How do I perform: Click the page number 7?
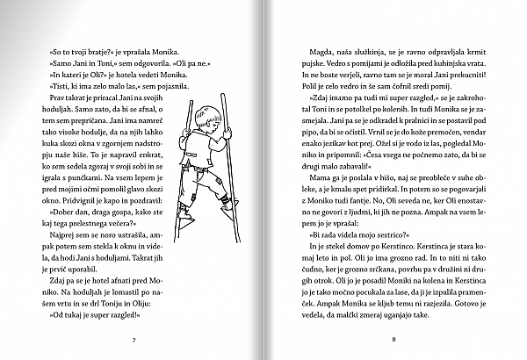133,338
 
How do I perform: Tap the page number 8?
395,338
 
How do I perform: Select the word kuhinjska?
438,68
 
